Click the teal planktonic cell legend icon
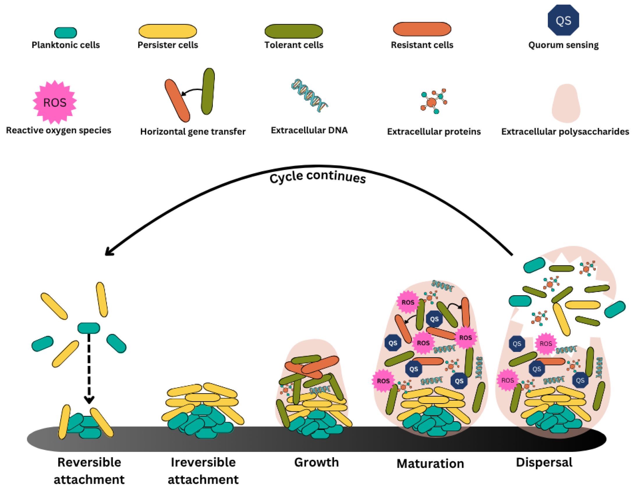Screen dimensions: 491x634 pos(65,33)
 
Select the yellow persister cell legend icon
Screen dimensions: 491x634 pos(168,31)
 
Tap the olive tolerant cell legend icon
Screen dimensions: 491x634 pos(293,31)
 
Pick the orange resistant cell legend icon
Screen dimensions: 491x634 pos(422,29)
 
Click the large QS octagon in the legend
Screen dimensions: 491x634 pos(563,20)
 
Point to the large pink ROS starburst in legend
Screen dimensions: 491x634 pos(55,102)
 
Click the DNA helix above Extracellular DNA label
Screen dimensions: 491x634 pos(309,96)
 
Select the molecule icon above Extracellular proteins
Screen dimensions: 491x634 pos(433,101)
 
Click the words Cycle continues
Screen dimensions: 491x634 pos(317,177)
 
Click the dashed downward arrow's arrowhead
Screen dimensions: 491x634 pos(89,400)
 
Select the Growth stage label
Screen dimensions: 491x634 pos(316,462)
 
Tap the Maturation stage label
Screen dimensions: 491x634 pos(430,463)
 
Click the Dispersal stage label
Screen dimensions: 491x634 pos(544,462)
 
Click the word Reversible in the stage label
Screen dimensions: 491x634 pos(89,462)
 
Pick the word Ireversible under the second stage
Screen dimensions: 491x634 pos(203,462)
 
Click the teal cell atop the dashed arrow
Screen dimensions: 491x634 pos(89,328)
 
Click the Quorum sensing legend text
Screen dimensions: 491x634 pos(563,45)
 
